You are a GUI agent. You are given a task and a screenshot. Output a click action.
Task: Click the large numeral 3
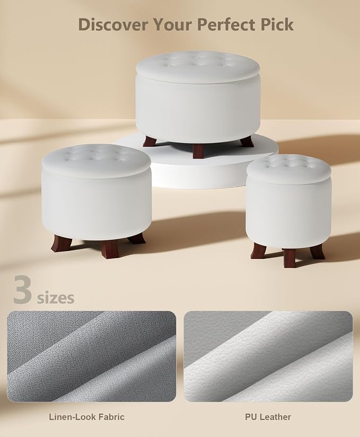click(22, 289)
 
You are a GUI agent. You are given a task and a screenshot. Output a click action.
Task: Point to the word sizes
click(56, 298)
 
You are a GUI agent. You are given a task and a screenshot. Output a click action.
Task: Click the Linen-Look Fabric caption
click(87, 417)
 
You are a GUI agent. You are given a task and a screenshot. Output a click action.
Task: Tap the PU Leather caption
click(268, 417)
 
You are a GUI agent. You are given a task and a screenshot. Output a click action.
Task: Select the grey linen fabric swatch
click(92, 356)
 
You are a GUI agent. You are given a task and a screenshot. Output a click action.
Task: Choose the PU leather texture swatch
click(268, 356)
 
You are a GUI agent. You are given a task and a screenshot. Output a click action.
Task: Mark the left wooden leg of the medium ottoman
click(58, 243)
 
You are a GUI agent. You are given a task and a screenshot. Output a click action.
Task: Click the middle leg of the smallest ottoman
click(289, 258)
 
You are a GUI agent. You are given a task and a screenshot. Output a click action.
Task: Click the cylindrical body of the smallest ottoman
click(289, 212)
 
